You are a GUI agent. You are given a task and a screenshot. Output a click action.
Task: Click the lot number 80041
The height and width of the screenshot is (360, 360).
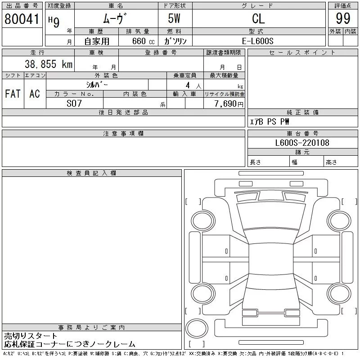(x=22, y=18)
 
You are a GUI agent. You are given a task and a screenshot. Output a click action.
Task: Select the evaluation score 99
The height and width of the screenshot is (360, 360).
(x=343, y=18)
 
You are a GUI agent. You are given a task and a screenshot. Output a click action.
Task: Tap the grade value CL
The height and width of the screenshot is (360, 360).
(x=258, y=18)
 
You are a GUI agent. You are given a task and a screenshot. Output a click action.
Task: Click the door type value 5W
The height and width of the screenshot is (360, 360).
(x=175, y=18)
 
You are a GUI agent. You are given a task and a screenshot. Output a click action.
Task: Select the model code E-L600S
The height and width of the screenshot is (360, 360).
(x=258, y=41)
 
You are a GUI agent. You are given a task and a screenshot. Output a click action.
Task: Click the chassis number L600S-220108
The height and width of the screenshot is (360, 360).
(x=302, y=143)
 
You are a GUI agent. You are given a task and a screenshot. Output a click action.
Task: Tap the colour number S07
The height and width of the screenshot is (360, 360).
(x=74, y=103)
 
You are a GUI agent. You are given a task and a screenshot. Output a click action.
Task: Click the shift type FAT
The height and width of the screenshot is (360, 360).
(x=13, y=94)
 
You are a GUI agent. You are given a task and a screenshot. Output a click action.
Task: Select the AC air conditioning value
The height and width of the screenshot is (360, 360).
(x=35, y=94)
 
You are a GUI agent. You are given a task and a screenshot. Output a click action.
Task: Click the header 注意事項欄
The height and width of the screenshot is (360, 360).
(x=123, y=134)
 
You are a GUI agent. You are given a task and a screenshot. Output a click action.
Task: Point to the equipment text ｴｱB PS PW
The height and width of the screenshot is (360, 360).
(x=270, y=121)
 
